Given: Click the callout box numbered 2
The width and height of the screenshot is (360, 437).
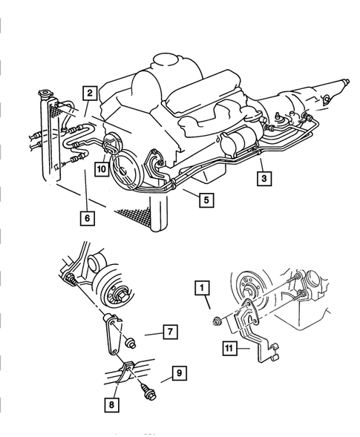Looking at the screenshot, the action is point(90,93).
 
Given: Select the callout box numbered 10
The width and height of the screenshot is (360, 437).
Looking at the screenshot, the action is point(102,169).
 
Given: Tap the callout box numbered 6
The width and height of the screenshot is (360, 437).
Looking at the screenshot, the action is point(88,218).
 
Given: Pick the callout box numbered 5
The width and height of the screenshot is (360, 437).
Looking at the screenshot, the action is point(206,200).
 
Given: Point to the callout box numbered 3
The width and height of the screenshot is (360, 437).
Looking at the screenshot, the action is point(264,178).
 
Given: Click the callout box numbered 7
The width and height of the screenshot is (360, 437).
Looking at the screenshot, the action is point(170,332).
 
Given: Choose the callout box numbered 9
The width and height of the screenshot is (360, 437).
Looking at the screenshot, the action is point(180,373).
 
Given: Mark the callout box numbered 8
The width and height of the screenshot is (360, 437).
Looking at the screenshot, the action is point(111,404).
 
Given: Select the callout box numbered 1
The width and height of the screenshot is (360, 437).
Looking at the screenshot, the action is point(203,288).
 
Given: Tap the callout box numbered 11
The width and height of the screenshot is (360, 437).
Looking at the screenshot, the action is point(230,348).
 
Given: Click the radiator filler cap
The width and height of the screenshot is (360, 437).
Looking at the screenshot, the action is point(44,93).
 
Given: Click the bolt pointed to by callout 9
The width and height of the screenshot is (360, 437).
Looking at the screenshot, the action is point(148,392).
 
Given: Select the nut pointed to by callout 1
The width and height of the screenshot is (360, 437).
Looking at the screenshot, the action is point(217,321).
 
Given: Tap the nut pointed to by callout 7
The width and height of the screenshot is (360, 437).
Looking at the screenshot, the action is point(131,343).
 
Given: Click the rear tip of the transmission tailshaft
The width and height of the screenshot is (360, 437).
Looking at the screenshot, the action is point(347,82).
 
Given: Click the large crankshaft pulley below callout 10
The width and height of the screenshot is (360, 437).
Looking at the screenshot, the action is point(125,171).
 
